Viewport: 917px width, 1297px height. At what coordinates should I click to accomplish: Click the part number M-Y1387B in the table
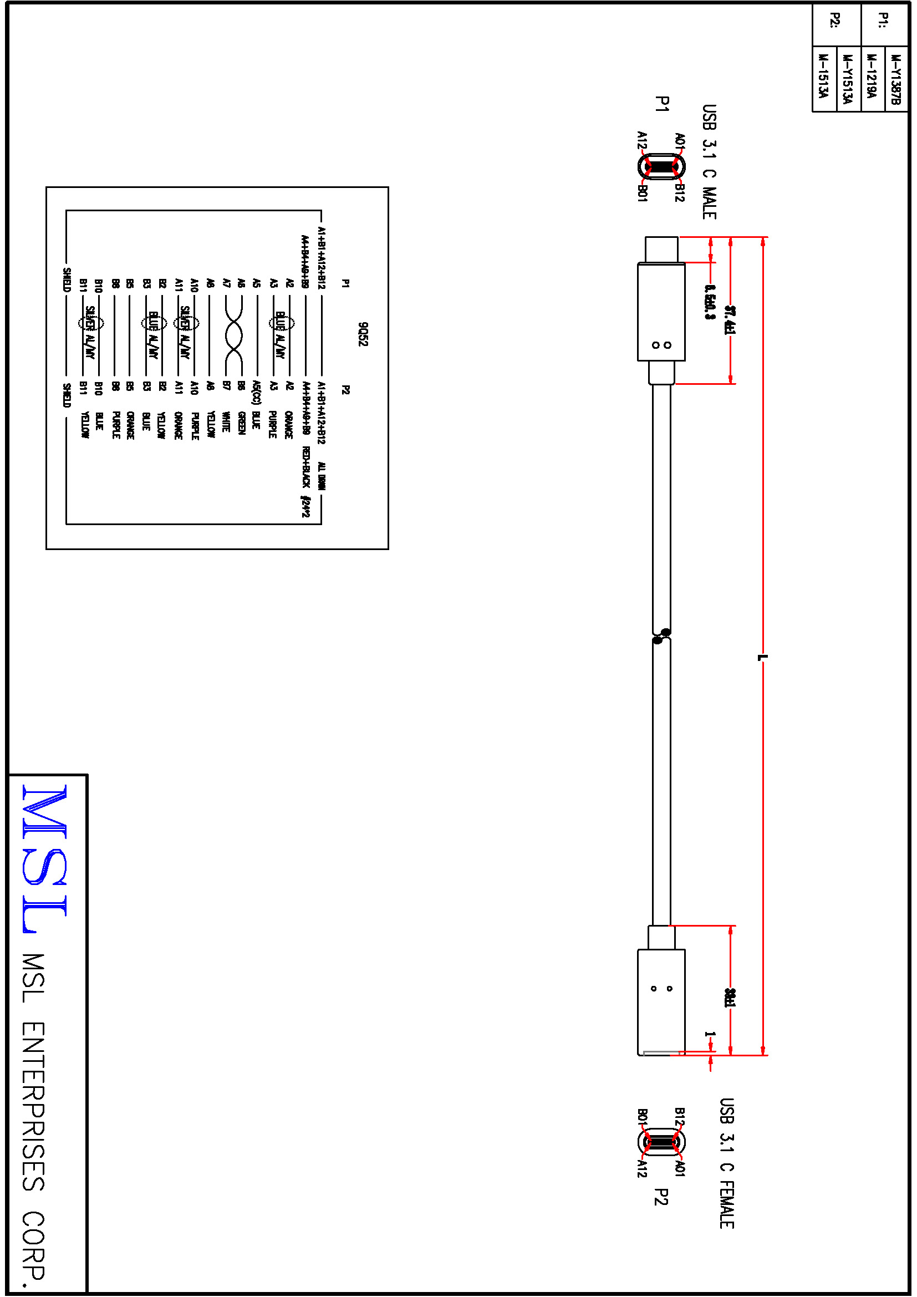(895, 79)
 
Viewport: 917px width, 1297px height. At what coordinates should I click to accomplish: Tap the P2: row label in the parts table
(835, 21)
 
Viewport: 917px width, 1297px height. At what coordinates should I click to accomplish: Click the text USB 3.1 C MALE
(709, 161)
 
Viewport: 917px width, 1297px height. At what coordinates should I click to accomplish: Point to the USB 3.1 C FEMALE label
(727, 1164)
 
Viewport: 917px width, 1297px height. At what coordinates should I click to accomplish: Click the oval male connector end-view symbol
(661, 167)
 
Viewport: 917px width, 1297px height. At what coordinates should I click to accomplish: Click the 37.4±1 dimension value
(730, 320)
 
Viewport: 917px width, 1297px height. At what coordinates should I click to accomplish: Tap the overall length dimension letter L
(762, 657)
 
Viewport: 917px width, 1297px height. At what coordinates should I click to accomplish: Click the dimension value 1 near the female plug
(710, 1035)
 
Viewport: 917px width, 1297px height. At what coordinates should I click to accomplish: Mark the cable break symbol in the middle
(661, 636)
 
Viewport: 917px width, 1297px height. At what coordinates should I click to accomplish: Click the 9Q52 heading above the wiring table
(363, 334)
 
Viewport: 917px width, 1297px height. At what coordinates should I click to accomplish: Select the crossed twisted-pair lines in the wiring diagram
(233, 335)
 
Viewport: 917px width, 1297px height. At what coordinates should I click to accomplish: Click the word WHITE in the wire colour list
(225, 421)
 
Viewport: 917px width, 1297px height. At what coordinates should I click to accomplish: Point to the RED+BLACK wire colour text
(306, 466)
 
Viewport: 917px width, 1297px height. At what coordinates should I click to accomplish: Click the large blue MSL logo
(45, 858)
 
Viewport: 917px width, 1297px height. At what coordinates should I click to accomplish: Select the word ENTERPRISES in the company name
(34, 1107)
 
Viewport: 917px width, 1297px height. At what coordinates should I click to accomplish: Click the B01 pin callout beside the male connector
(642, 192)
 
